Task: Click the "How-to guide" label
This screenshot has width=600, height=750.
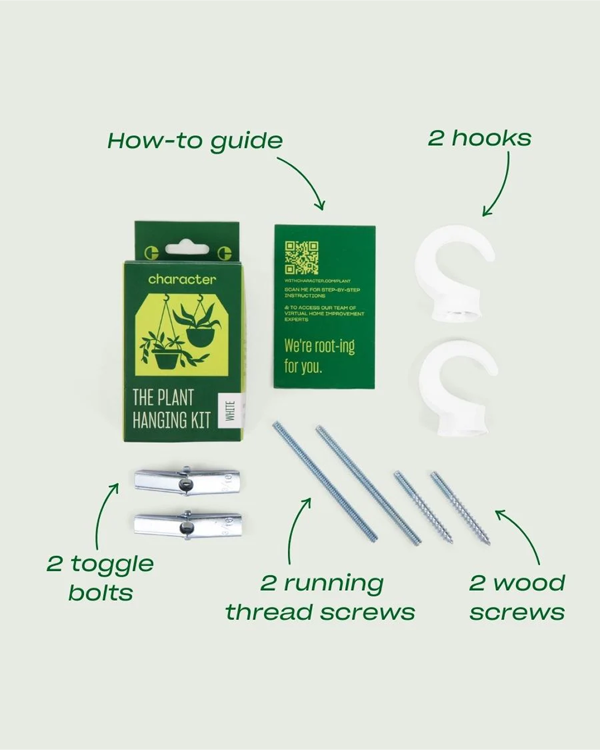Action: [x=195, y=141]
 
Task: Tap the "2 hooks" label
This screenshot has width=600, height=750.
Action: [x=479, y=138]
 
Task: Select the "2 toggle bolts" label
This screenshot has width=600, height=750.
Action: [x=100, y=578]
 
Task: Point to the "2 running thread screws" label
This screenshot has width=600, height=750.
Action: [x=321, y=597]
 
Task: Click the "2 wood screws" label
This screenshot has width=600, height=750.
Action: [x=517, y=597]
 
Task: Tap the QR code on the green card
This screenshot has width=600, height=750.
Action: [x=301, y=258]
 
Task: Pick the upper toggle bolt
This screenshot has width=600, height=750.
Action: [x=186, y=481]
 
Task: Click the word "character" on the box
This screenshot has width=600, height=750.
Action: [x=182, y=279]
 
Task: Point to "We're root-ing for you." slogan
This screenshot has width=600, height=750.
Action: [x=319, y=355]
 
